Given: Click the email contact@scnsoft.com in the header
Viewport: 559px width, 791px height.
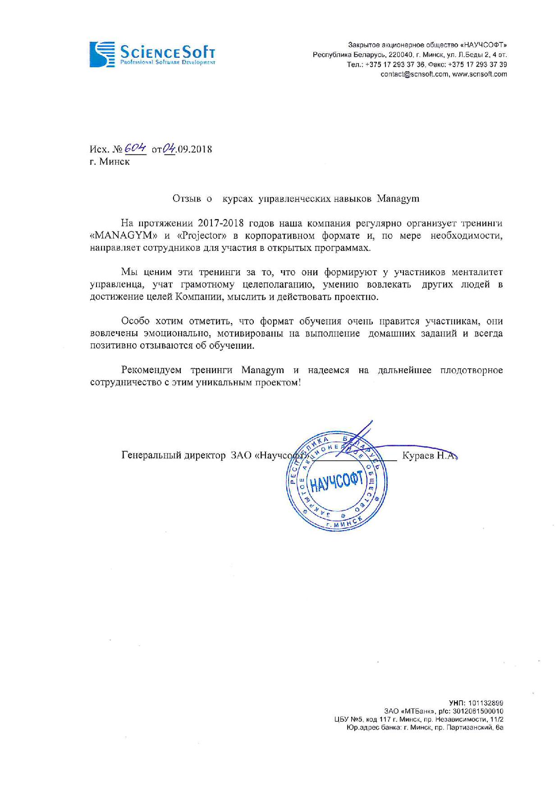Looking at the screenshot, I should point(414,74).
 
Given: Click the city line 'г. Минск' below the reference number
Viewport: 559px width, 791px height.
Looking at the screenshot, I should point(110,162).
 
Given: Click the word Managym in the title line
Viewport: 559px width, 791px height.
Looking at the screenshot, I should point(398,199).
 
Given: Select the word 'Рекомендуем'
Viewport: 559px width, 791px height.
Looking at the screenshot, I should point(151,370).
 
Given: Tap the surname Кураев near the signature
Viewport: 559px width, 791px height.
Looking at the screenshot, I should point(418,455).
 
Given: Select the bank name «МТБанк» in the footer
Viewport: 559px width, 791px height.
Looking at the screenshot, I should point(413,711).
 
